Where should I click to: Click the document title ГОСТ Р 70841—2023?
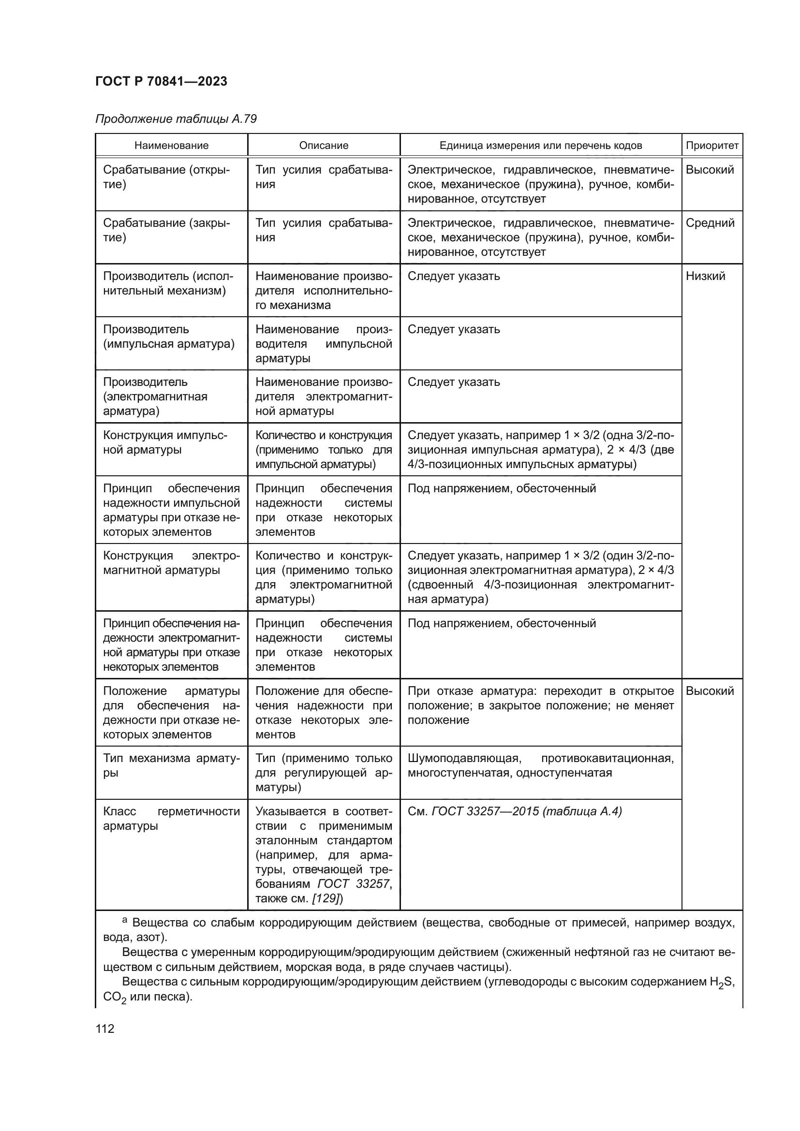pyautogui.click(x=161, y=81)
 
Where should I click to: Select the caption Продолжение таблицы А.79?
pyautogui.click(x=176, y=119)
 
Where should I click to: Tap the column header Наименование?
pyautogui.click(x=171, y=146)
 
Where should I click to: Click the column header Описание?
pyautogui.click(x=324, y=146)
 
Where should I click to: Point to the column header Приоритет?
pyautogui.click(x=712, y=146)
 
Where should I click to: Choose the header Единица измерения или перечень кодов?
pyautogui.click(x=540, y=146)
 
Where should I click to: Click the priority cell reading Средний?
pyautogui.click(x=710, y=223)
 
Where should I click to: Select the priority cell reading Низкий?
pyautogui.click(x=705, y=276)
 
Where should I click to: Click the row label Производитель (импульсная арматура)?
pyautogui.click(x=168, y=337)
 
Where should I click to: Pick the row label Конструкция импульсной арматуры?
pyautogui.click(x=164, y=442)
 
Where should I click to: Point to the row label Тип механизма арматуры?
pyautogui.click(x=171, y=765)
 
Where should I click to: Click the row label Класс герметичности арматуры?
pyautogui.click(x=171, y=818)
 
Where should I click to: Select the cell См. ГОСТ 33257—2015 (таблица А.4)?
pyautogui.click(x=514, y=811)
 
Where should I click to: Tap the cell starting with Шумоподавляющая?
pyautogui.click(x=540, y=765)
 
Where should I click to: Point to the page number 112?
pyautogui.click(x=105, y=1029)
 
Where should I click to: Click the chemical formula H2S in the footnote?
pyautogui.click(x=722, y=982)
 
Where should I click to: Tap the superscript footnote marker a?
pyautogui.click(x=125, y=920)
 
